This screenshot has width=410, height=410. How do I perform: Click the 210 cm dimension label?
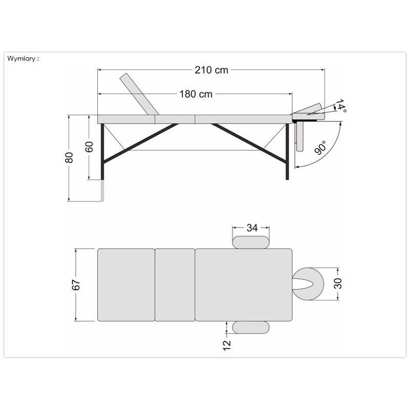(211, 70)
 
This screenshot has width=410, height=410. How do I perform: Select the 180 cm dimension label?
(196, 94)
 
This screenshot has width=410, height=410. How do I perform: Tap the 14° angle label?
(341, 106)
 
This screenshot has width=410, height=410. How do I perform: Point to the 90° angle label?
(321, 148)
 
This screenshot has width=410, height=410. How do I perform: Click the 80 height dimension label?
(69, 157)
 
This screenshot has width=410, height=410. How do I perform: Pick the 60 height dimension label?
(89, 147)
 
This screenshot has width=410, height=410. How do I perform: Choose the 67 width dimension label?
(76, 285)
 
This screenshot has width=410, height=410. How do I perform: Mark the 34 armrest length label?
(252, 228)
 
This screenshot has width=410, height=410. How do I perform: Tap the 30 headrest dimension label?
(338, 283)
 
